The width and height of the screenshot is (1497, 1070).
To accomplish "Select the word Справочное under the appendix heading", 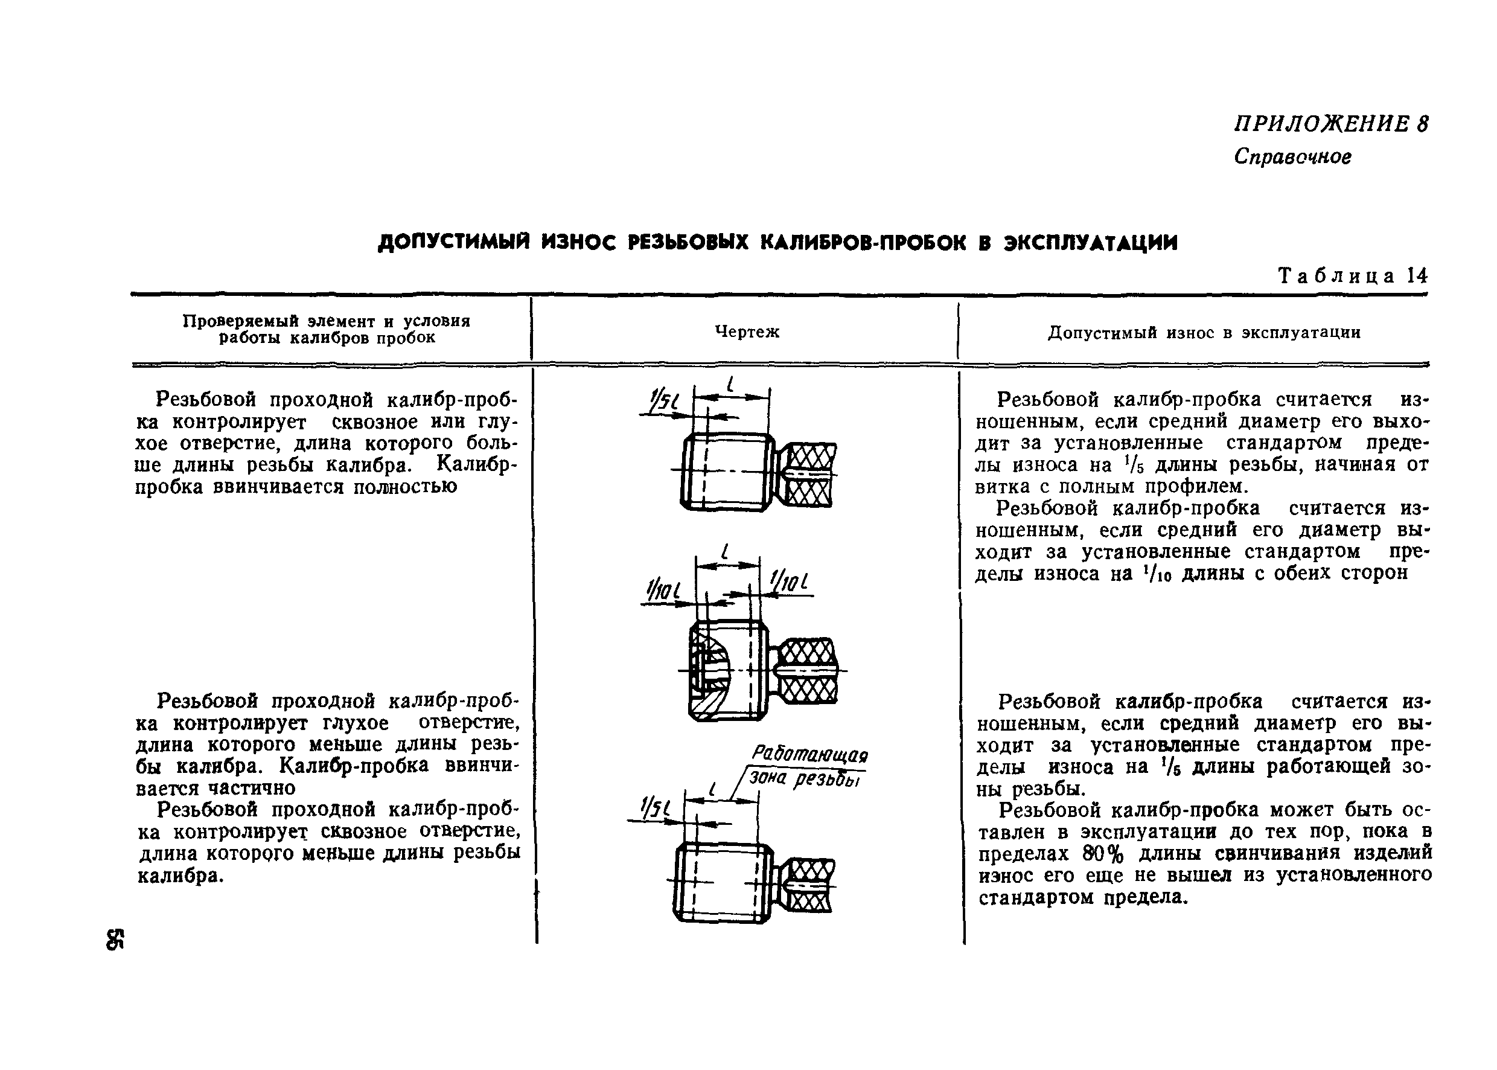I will tap(1292, 157).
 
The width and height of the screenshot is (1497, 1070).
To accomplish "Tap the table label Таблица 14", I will tap(1353, 275).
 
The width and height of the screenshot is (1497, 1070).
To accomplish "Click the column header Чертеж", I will tap(747, 332).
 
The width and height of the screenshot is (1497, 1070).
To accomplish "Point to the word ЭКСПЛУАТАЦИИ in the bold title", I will tap(1090, 243).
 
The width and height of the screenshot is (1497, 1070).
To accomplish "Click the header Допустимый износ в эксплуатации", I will tap(1204, 332).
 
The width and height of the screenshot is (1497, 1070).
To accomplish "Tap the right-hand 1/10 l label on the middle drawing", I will tap(788, 581).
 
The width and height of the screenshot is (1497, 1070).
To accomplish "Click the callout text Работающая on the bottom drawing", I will tap(809, 754).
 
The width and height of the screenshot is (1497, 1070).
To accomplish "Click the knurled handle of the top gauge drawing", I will tap(808, 475).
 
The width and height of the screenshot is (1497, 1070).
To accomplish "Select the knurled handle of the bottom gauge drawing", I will tap(808, 884).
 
